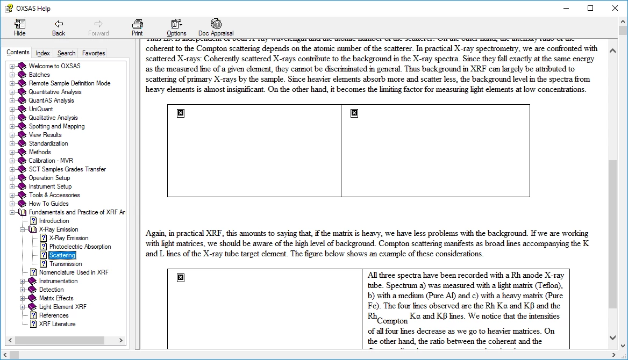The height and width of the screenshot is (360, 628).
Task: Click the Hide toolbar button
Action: tap(19, 27)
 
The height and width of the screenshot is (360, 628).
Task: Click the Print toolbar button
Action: tap(137, 27)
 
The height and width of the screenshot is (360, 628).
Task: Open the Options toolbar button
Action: tap(176, 27)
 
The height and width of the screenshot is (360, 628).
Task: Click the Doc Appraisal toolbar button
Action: tap(216, 27)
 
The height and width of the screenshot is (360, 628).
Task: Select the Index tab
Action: tap(43, 53)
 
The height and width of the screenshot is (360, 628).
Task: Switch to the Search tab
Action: tap(66, 53)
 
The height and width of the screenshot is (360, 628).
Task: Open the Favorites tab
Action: tap(94, 53)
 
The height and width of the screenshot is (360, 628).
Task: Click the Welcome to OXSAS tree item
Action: tap(54, 66)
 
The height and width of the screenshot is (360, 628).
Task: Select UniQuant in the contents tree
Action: tap(41, 109)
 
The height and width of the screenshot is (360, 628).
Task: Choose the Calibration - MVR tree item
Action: tap(51, 161)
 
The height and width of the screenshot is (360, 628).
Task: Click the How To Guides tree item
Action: tap(48, 204)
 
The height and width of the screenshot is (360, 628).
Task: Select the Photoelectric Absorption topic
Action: tap(80, 247)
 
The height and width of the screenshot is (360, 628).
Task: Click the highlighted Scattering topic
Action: tap(62, 255)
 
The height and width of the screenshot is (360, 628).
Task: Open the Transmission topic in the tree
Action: tap(66, 264)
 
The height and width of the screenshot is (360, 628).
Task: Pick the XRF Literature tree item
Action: tap(57, 324)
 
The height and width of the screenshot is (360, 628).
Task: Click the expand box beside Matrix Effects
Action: tap(23, 298)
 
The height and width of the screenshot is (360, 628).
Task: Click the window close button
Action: tap(615, 8)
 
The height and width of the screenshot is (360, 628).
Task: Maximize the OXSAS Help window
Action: tap(590, 8)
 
